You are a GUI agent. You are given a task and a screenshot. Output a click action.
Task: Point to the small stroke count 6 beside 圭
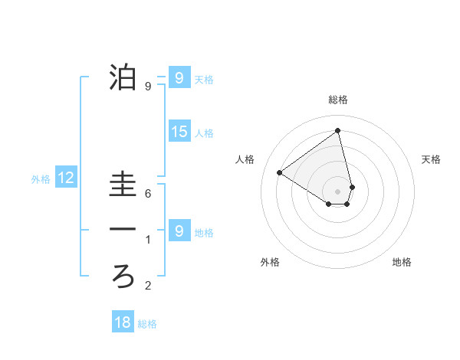[x=148, y=195]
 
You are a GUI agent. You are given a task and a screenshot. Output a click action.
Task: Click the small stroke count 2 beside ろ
[x=148, y=286]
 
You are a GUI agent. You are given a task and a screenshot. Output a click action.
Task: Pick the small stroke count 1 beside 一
[x=148, y=240]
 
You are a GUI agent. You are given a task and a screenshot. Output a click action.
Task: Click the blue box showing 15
[x=179, y=132]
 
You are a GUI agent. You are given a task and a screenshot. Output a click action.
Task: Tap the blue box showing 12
[x=66, y=178]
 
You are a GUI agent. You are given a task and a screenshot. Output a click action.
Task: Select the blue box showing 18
[x=122, y=322]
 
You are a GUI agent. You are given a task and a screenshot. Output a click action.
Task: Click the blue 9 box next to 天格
[x=179, y=78]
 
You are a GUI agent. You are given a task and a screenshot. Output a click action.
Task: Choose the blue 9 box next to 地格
[x=179, y=231]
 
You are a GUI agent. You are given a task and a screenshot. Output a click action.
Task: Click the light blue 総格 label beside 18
[x=147, y=324]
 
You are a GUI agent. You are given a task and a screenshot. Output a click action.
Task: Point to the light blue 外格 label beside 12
[x=41, y=180]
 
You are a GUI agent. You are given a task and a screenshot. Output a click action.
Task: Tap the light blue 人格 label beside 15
[x=204, y=133]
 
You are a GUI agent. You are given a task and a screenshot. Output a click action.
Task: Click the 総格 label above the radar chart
[x=338, y=100]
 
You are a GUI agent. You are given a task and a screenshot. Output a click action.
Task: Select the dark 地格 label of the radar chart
[x=402, y=263]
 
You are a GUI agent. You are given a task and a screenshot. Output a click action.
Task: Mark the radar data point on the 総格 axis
[x=338, y=130]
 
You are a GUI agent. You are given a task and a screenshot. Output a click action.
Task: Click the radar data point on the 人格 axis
[x=280, y=172]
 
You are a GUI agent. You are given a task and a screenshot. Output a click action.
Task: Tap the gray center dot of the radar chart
[x=338, y=191]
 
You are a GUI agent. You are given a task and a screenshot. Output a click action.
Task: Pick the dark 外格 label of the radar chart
[x=270, y=263]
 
